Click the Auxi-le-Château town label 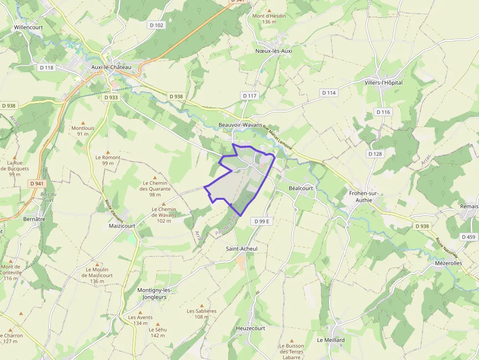[x=111, y=67]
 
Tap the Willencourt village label [x=28, y=27]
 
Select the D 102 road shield [x=157, y=25]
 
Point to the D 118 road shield [x=46, y=67]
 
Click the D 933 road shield [x=111, y=97]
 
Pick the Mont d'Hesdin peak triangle [x=269, y=10]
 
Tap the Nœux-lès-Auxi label [x=274, y=51]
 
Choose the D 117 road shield [x=249, y=96]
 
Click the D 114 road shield [x=329, y=92]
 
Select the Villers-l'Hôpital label [x=384, y=83]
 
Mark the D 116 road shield [x=384, y=112]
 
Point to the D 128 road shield [x=375, y=154]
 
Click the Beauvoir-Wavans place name [x=240, y=125]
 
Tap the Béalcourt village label [x=301, y=188]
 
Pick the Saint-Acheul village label [x=241, y=249]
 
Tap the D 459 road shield [x=468, y=237]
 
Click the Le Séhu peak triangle [x=157, y=323]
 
